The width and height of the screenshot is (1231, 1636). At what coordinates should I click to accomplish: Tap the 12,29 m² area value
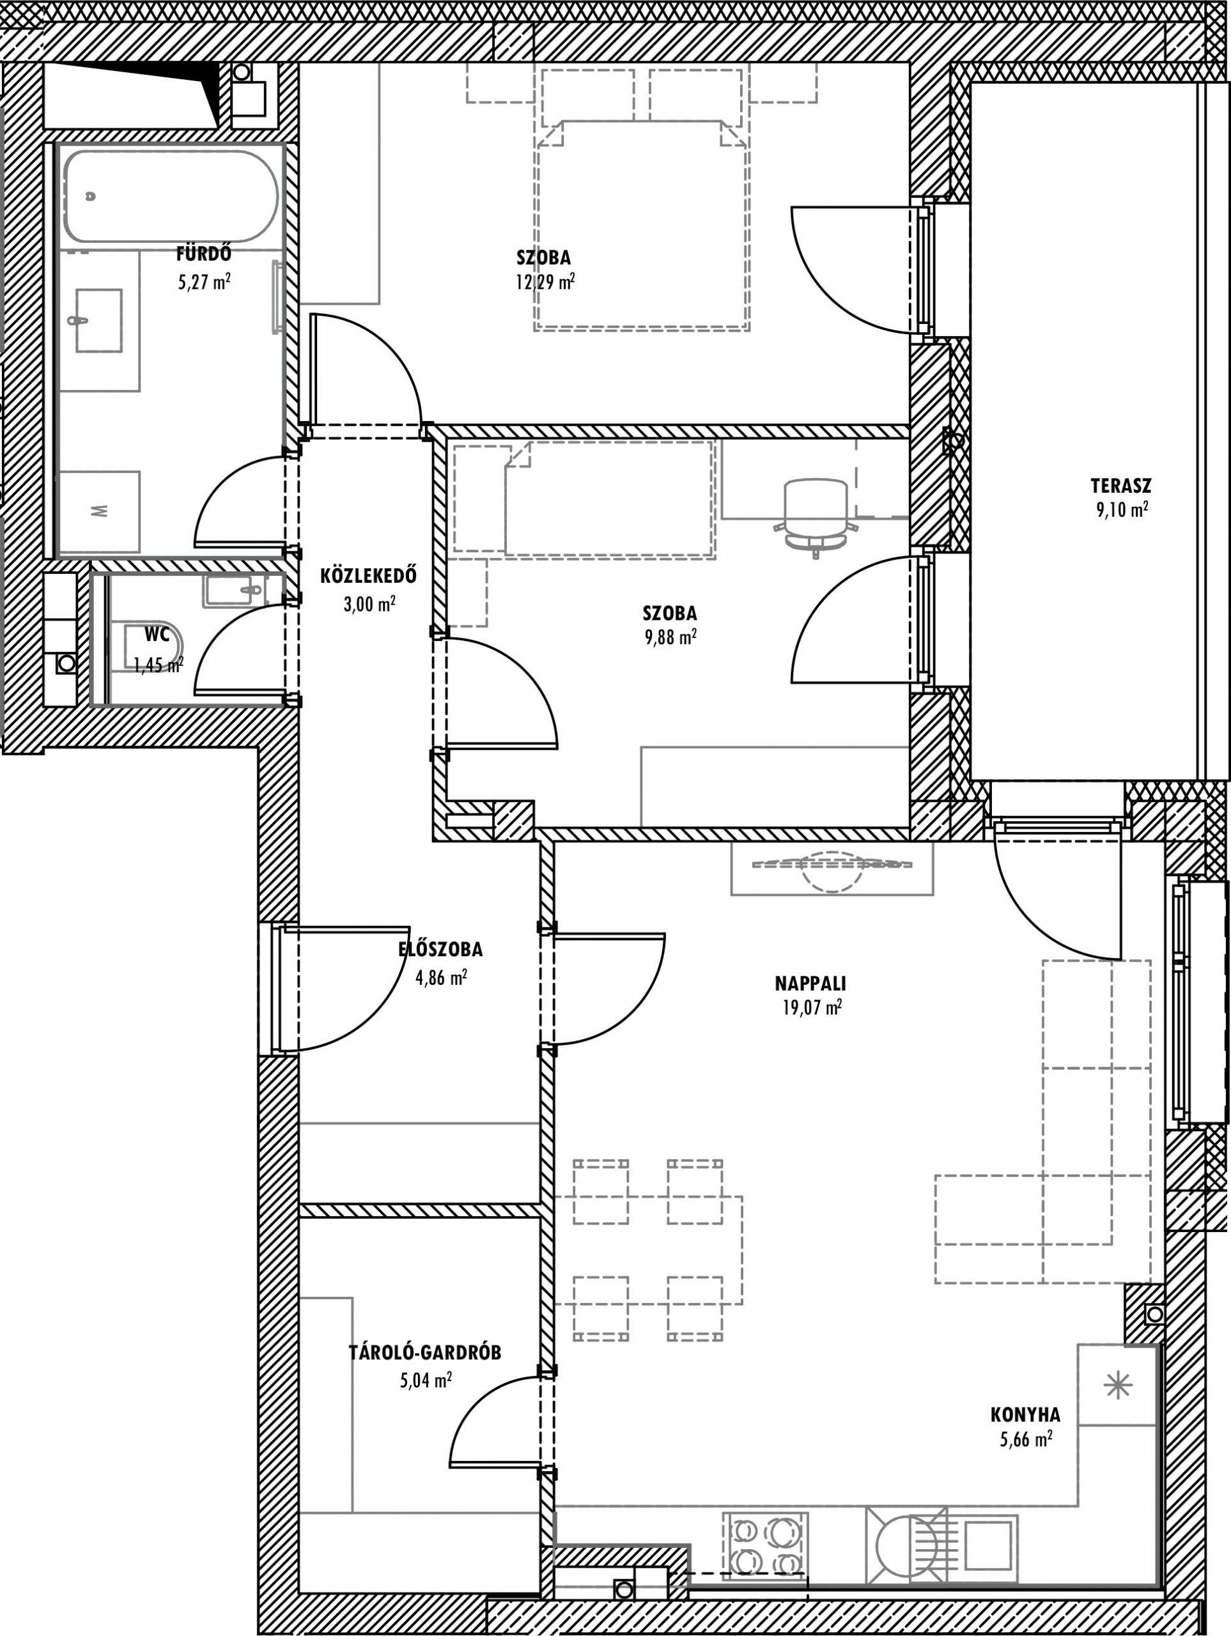click(x=546, y=282)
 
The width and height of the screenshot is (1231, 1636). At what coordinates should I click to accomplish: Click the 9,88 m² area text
click(x=671, y=638)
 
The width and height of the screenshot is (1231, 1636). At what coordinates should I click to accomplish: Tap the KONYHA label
click(x=1025, y=1415)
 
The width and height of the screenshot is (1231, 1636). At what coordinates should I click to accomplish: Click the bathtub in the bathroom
click(x=170, y=196)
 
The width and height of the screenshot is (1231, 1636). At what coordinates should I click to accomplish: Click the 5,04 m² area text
click(x=426, y=1380)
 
